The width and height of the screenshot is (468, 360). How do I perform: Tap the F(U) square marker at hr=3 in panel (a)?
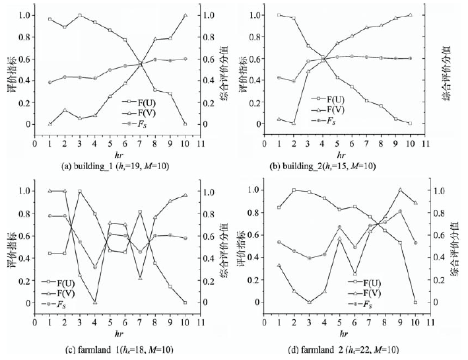tap(80, 15)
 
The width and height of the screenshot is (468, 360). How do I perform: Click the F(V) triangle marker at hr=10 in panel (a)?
tap(185, 15)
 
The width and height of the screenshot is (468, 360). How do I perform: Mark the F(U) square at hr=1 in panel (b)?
tap(280, 15)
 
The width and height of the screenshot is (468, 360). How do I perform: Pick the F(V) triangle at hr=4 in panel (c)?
tap(95, 303)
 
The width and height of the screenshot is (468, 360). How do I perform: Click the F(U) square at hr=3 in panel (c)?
tap(80, 192)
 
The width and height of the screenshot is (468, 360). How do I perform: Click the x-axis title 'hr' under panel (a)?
tap(110, 152)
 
